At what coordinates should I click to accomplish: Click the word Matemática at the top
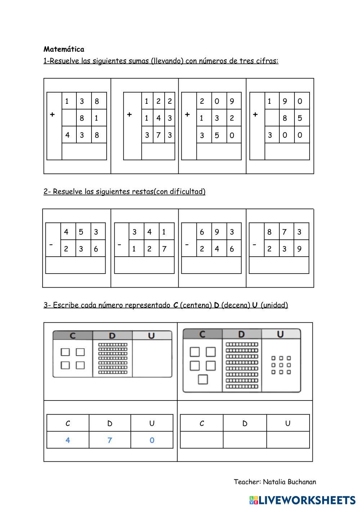pos(64,49)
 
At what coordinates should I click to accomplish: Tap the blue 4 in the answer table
pos(68,440)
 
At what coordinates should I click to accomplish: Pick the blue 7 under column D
pos(110,440)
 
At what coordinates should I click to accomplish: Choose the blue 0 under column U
pos(152,440)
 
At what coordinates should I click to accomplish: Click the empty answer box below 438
pos(84,151)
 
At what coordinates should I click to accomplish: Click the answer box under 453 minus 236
pos(75,265)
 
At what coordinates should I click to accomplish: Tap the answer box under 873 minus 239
pos(279,265)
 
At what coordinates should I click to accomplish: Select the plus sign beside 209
pos(187,115)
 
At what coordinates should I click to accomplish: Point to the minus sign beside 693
pos(187,244)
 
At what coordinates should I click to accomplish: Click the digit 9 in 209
pos(232,101)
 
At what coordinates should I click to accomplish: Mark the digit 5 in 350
pos(217,136)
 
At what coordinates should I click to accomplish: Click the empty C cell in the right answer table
pos(201,440)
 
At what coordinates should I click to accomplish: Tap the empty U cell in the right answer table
pos(288,440)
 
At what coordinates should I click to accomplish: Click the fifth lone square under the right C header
pos(203,380)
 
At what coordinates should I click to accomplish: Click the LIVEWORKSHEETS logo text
pos(307,500)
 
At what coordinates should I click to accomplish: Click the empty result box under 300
pos(287,151)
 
